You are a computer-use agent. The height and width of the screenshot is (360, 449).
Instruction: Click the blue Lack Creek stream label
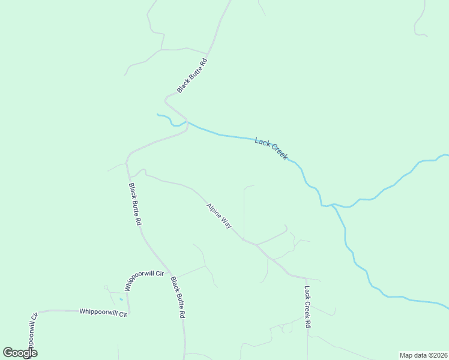[x=271, y=148]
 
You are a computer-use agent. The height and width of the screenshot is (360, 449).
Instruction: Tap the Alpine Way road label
[x=219, y=216]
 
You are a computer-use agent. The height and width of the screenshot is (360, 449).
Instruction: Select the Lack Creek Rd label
[x=307, y=306]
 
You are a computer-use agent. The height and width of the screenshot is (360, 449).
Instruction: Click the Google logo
[x=20, y=353]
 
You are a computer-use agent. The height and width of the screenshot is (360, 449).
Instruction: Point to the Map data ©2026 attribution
[x=423, y=355]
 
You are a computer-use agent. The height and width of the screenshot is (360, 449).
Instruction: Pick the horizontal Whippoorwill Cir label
[x=103, y=313]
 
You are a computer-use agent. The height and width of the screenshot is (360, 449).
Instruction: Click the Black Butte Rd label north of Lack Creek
[x=192, y=75]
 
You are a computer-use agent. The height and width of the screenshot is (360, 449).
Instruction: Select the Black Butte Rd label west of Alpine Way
[x=135, y=204]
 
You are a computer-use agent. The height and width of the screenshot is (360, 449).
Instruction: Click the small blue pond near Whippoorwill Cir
[x=121, y=298]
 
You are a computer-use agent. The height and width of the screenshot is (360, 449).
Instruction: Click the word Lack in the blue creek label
[x=262, y=143]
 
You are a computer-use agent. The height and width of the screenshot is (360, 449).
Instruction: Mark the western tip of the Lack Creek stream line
[x=157, y=114]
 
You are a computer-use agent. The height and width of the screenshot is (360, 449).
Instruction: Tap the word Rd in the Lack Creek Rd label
[x=308, y=323]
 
